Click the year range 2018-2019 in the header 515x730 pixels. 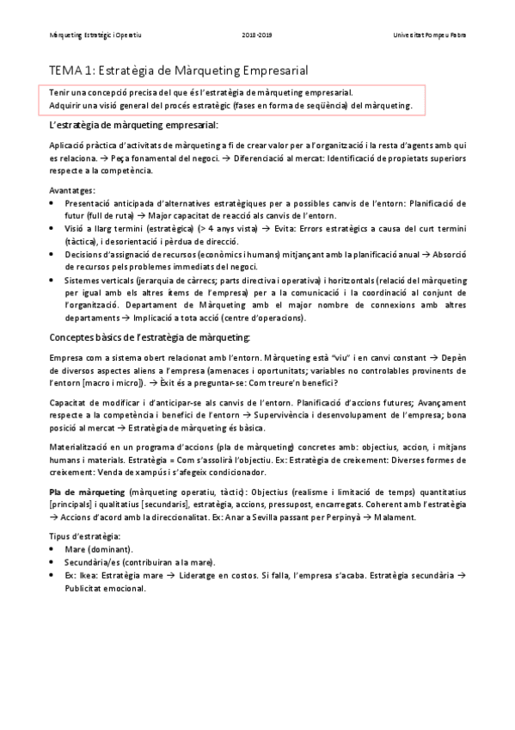(256, 35)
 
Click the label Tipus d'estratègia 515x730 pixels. (85, 536)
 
